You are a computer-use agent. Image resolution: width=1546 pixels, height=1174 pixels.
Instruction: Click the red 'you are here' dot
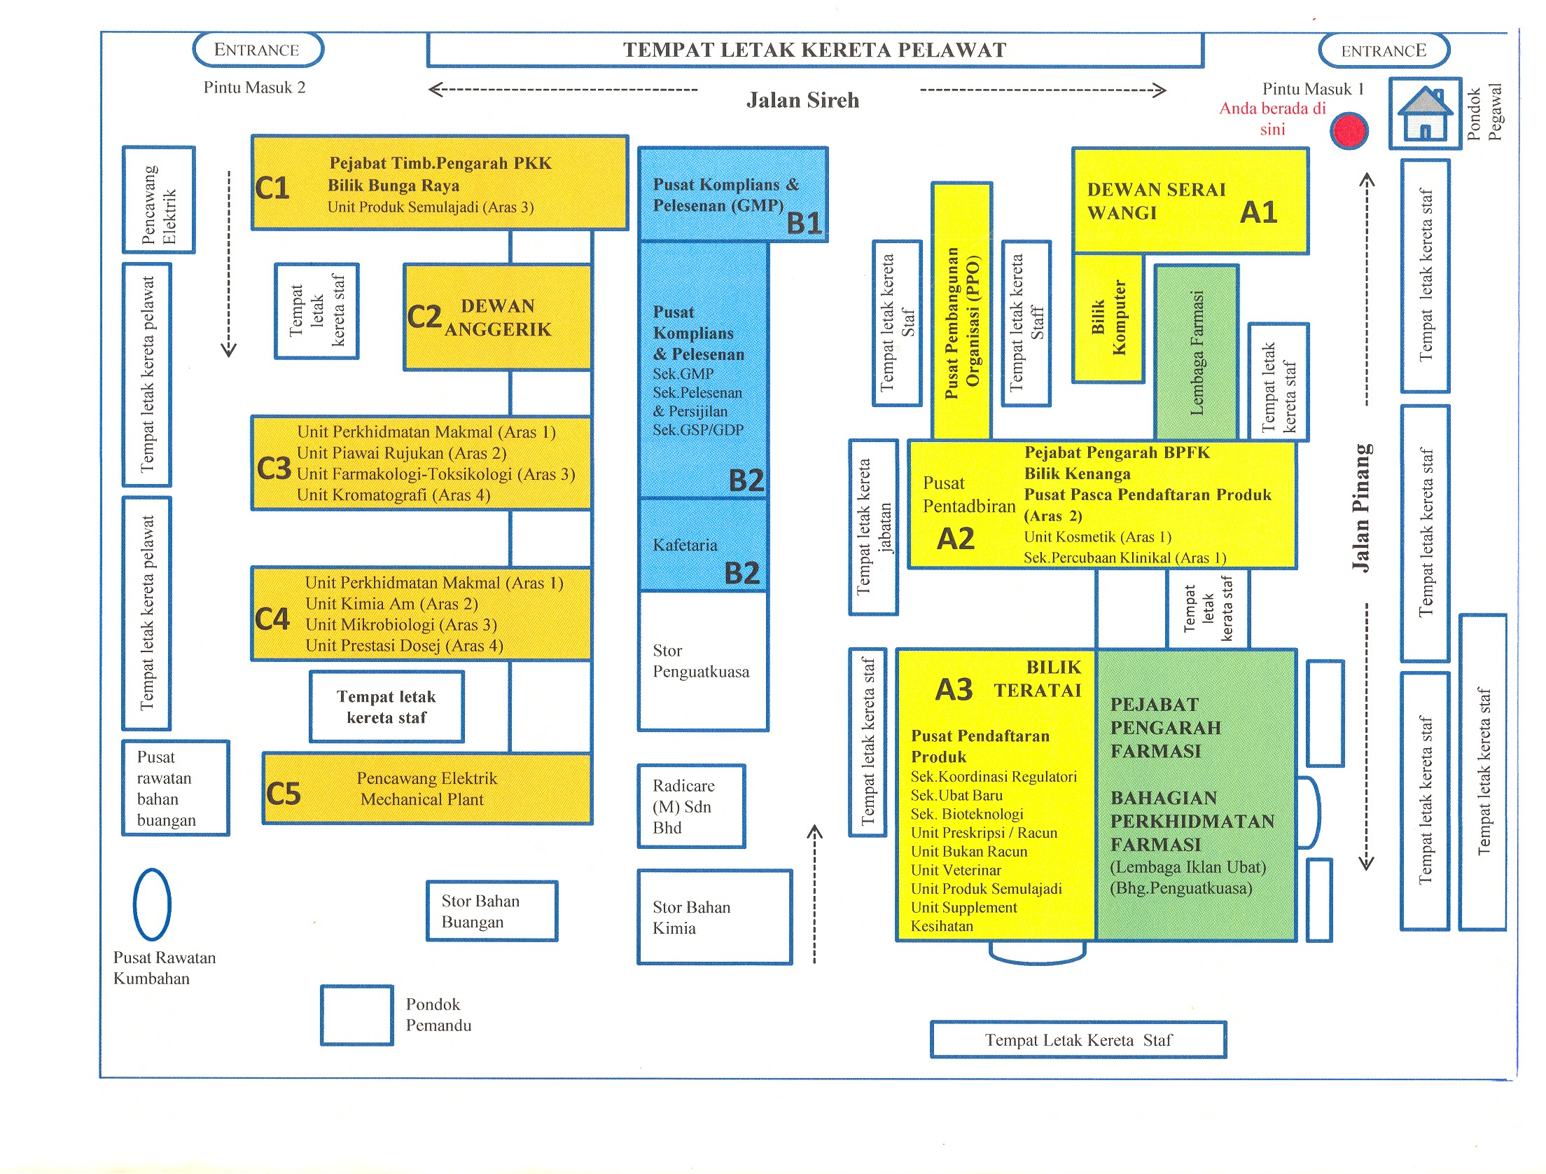click(x=1349, y=131)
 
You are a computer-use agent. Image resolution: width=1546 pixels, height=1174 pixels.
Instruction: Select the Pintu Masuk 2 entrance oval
click(x=258, y=50)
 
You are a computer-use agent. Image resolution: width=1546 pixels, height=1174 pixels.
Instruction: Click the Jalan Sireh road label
click(x=802, y=100)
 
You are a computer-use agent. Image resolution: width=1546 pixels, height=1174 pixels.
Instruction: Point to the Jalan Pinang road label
click(x=1362, y=508)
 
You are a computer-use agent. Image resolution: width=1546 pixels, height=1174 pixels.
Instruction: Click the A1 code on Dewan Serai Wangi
click(x=1258, y=212)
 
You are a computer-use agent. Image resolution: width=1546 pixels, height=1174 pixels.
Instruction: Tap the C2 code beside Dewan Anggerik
click(x=424, y=317)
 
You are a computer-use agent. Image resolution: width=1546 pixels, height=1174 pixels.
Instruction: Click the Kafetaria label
click(x=685, y=545)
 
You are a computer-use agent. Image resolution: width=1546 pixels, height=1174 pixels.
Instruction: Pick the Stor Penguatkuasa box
click(x=702, y=661)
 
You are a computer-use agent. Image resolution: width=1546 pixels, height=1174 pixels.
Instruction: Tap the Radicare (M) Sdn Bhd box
click(x=690, y=806)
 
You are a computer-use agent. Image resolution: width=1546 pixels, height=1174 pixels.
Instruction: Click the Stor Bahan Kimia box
click(x=714, y=917)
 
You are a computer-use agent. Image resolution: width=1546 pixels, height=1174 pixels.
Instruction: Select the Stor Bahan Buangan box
click(x=492, y=911)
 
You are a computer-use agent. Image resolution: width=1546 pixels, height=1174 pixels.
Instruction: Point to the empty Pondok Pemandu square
click(x=357, y=1015)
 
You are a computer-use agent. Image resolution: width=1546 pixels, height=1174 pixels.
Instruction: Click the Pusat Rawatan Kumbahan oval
click(x=152, y=904)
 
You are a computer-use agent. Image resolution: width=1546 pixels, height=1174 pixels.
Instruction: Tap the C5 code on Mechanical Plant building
click(x=283, y=794)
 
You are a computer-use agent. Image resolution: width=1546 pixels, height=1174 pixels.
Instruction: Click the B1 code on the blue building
click(x=803, y=223)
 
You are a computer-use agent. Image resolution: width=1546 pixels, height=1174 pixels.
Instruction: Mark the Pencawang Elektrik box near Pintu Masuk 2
click(x=159, y=200)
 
